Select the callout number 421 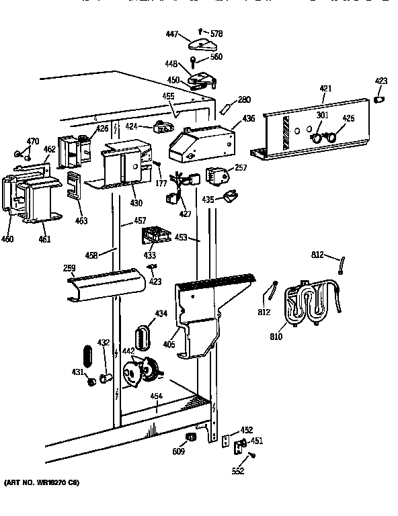coord(325,89)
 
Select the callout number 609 coord(177,451)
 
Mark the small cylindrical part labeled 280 coord(227,108)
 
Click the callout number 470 coord(32,141)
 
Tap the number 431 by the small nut coord(78,373)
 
